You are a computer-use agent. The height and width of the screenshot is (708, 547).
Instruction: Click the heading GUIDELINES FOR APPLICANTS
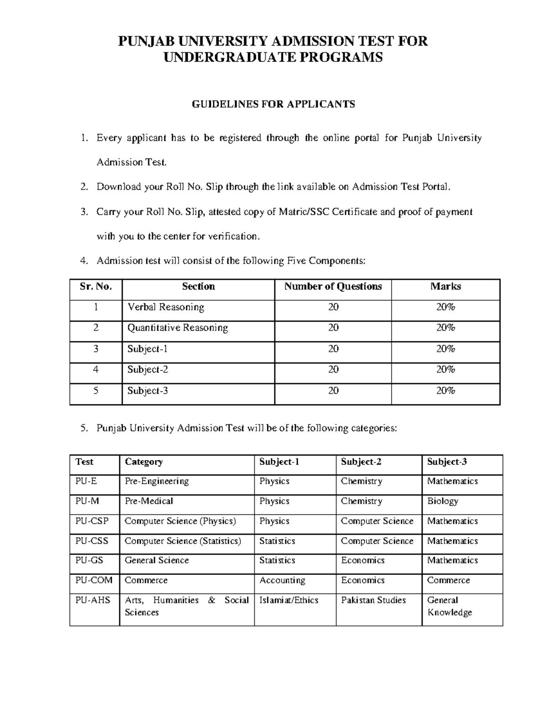[273, 104]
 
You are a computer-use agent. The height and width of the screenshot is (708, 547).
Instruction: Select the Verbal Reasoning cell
[165, 307]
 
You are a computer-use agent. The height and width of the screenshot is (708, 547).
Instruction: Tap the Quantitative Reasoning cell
[177, 328]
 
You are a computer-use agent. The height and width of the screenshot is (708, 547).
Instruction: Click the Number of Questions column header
[333, 286]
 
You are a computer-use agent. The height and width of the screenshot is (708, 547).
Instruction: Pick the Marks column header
[445, 286]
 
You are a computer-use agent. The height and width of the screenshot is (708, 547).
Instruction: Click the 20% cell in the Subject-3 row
[445, 391]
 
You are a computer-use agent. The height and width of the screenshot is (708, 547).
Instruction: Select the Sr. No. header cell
[96, 286]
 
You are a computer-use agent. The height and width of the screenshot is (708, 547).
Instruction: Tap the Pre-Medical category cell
[149, 501]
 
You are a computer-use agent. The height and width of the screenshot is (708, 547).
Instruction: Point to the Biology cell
[442, 501]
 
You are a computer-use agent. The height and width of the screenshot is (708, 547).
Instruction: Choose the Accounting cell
[282, 580]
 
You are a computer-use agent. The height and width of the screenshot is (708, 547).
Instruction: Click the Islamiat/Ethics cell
[289, 600]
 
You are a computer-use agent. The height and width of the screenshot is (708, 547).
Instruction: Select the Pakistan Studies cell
[373, 600]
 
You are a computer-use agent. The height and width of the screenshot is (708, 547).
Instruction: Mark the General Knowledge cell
[449, 606]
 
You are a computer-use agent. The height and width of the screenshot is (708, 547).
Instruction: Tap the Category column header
[144, 462]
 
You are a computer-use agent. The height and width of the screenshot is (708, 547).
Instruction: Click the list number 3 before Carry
[83, 212]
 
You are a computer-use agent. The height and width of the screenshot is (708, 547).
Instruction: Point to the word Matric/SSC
[300, 212]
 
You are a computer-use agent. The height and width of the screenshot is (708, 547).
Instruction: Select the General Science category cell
[156, 560]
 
